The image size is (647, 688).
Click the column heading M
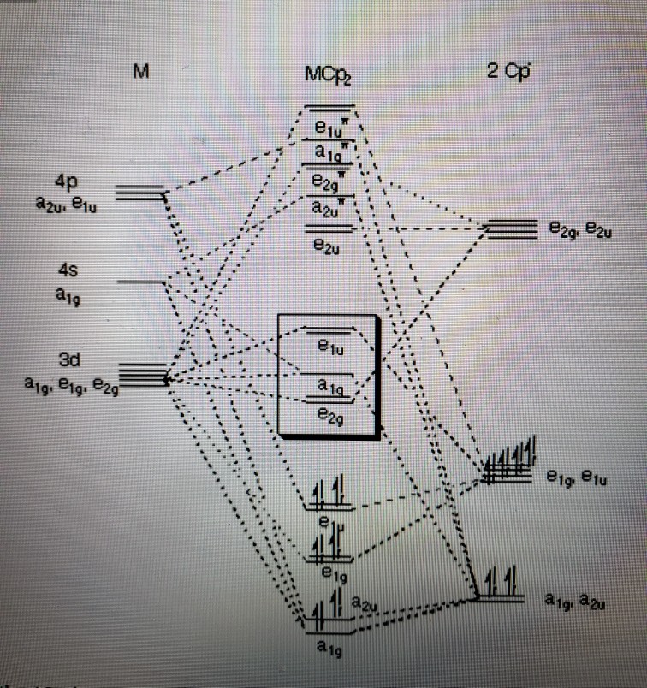[141, 71]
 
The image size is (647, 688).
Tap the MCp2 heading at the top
[329, 75]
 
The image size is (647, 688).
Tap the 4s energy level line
[142, 282]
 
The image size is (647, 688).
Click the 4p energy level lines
[140, 193]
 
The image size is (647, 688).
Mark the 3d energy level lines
[141, 373]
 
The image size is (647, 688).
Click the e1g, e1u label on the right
[578, 480]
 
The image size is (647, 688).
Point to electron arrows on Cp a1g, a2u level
[500, 582]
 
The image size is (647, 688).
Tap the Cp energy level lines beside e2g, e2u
[510, 228]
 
